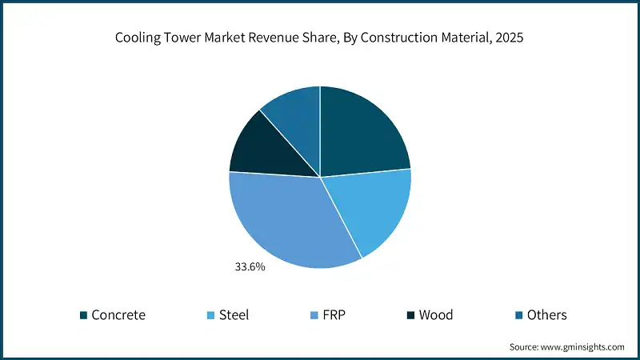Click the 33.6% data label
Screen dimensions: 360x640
coord(249,266)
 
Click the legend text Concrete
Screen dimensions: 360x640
coord(118,315)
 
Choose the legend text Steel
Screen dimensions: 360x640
coord(234,315)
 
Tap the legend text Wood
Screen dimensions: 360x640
coord(436,315)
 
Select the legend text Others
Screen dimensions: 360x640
coord(546,315)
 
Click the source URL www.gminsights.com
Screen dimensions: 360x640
coord(583,347)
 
